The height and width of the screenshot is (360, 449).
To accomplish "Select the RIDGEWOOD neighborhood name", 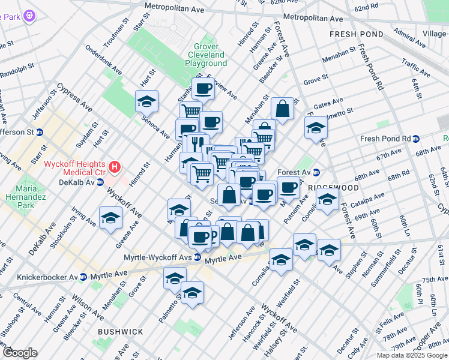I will pos(325,187).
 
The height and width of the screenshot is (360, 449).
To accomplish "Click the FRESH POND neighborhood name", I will pos(355,35).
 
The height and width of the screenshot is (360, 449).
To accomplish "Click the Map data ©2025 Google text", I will pos(411,355).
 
